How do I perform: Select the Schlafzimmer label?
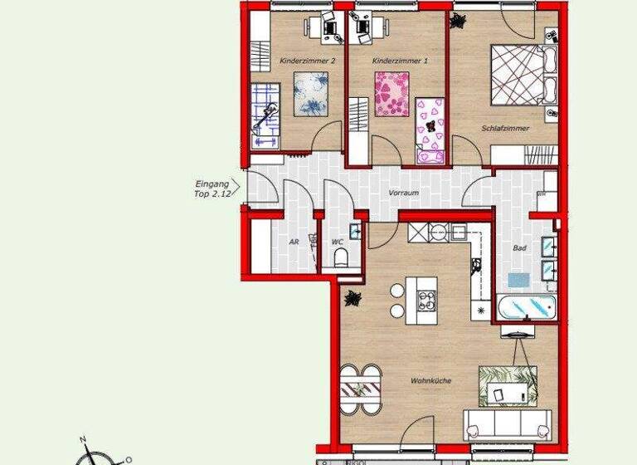505,129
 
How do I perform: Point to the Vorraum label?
403,193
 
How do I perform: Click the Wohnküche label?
430,380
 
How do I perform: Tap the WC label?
338,242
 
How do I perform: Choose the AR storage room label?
294,242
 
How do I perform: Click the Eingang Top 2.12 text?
210,188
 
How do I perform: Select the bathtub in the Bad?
527,308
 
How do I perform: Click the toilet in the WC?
339,260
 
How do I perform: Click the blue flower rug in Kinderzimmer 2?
312,92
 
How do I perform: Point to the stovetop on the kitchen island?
427,300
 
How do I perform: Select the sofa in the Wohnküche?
507,423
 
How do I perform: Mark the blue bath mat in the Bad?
518,281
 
